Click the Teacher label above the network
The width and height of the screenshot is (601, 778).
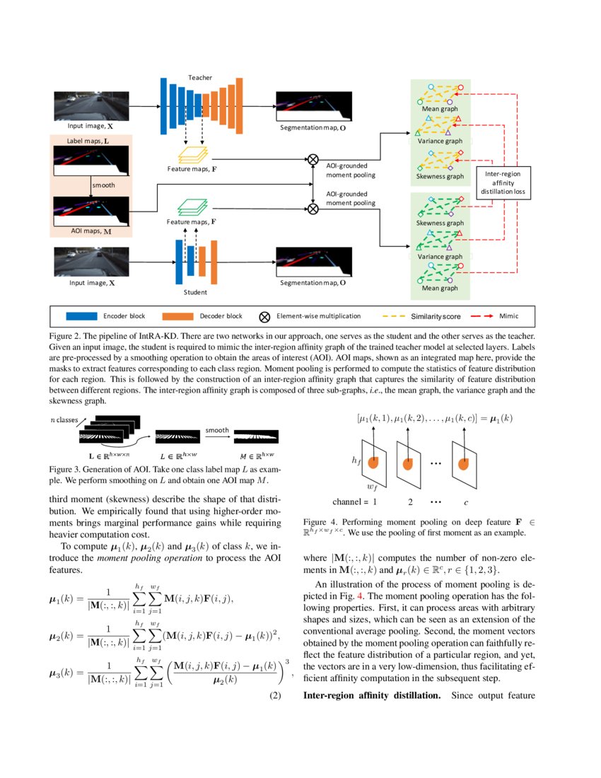coord(199,77)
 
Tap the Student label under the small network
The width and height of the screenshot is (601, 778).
coord(196,291)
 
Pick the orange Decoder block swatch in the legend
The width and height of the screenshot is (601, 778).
coord(177,316)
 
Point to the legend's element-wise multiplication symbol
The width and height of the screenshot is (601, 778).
coord(266,316)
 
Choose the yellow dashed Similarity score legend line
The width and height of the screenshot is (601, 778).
coord(397,316)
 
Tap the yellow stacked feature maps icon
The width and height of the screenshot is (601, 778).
coord(192,153)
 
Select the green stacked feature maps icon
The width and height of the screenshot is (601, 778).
coord(192,207)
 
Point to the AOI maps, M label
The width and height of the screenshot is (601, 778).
coord(88,231)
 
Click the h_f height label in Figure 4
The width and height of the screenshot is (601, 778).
coord(357,460)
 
